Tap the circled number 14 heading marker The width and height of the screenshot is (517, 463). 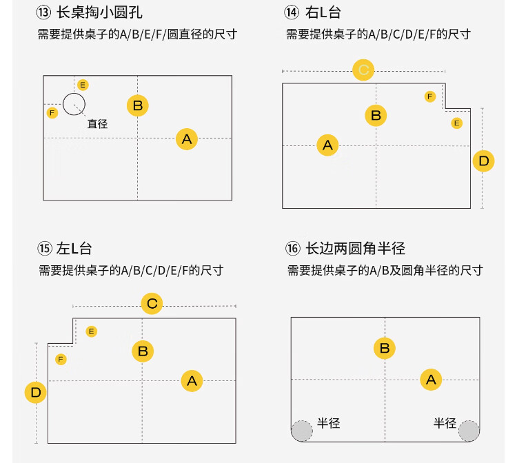tap(292, 12)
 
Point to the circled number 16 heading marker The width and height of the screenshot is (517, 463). tap(293, 248)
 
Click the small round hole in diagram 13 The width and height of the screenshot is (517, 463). tap(74, 104)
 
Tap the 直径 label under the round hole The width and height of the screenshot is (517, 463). tap(97, 124)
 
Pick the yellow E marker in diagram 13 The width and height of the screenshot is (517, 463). tap(83, 85)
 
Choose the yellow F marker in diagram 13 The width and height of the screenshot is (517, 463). tap(52, 112)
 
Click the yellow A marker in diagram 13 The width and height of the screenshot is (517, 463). tap(186, 139)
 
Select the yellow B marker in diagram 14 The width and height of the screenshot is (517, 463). tap(376, 115)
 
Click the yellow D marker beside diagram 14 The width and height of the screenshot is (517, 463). tap(483, 162)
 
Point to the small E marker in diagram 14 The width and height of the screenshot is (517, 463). tap(456, 123)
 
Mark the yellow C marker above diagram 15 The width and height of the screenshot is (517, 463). tap(152, 303)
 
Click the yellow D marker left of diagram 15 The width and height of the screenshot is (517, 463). tap(36, 393)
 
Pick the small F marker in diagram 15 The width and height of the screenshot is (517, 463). tap(61, 359)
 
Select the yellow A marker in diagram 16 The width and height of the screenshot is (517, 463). tap(431, 379)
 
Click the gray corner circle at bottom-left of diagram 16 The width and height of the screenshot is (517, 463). tap(301, 431)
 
